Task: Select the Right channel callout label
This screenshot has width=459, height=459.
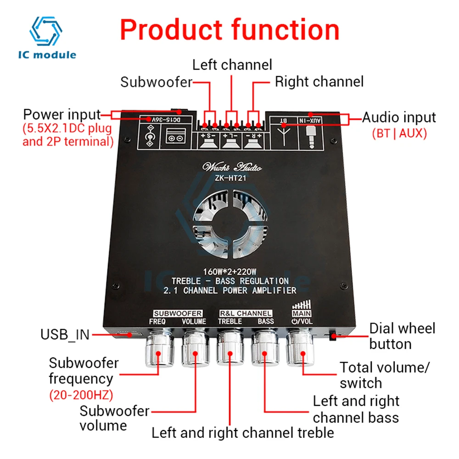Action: pyautogui.click(x=319, y=82)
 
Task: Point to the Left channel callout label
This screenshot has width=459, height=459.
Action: pyautogui.click(x=232, y=64)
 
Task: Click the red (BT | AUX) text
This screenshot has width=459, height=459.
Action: pyautogui.click(x=399, y=134)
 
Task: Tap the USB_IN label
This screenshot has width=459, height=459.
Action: pyautogui.click(x=65, y=335)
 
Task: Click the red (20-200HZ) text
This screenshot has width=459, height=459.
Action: pyautogui.click(x=81, y=395)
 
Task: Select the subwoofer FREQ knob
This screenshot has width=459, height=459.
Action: pyautogui.click(x=158, y=351)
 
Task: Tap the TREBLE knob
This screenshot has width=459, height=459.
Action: pyautogui.click(x=230, y=351)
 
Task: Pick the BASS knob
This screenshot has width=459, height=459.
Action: pyautogui.click(x=265, y=351)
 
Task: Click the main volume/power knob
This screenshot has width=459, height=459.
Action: pyautogui.click(x=301, y=351)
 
